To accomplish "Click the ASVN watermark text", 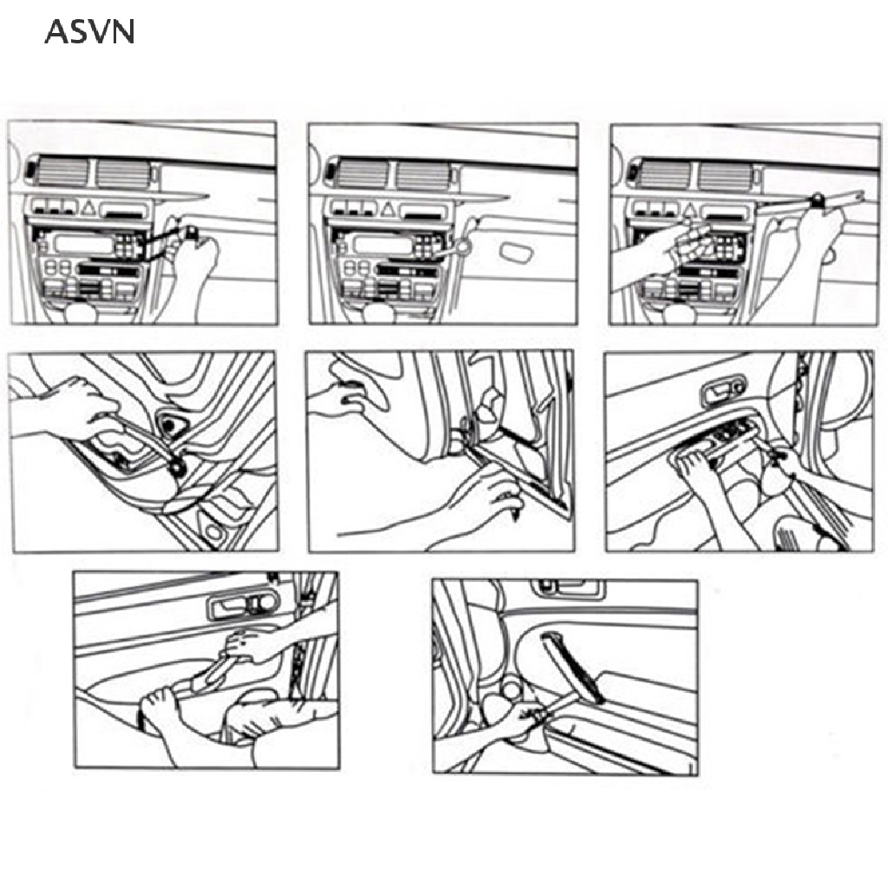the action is [x=89, y=32].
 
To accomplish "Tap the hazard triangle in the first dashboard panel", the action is [x=88, y=209].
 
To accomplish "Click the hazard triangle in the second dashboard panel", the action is [x=389, y=209].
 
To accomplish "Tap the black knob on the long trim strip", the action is [x=816, y=202].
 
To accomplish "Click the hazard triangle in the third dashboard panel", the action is [x=689, y=209].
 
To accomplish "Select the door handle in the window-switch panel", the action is [x=721, y=389].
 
